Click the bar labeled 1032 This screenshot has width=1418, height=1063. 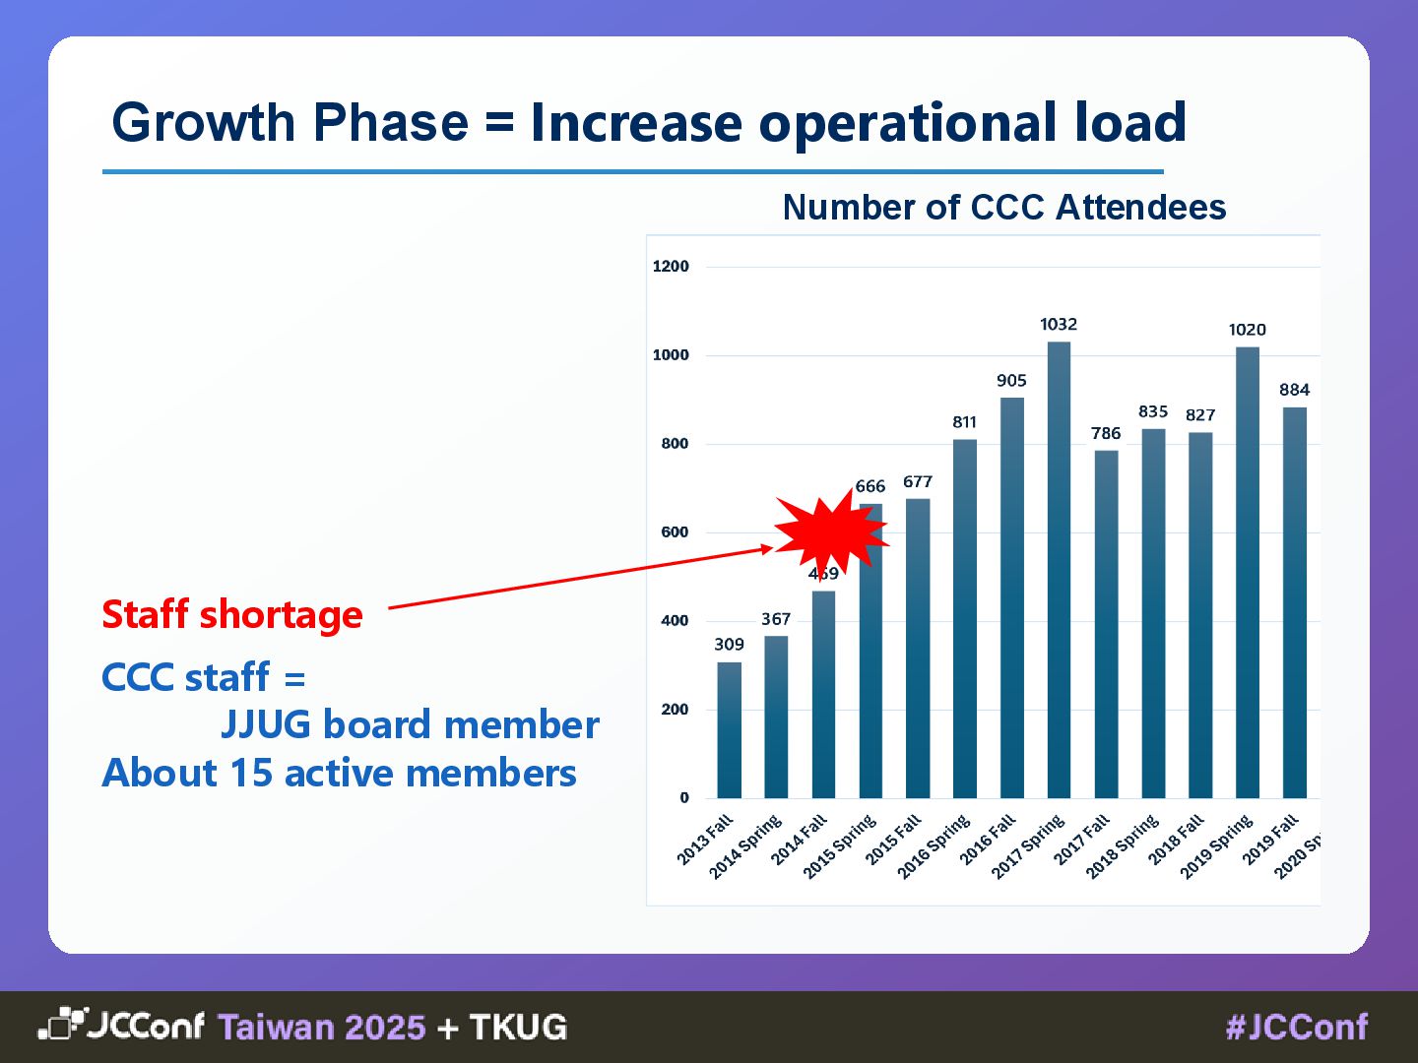[1059, 571]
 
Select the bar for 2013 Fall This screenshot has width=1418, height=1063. [729, 730]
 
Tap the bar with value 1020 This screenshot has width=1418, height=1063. [1247, 573]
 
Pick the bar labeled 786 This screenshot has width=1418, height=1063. [1106, 624]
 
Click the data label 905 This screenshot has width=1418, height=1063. [1011, 381]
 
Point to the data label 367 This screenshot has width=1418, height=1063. [776, 619]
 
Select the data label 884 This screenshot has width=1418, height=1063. [1294, 390]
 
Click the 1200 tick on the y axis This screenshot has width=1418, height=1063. [671, 267]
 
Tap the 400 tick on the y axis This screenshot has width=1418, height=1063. [675, 621]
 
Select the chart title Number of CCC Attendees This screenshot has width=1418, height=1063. [1003, 208]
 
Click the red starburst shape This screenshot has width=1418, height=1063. [829, 531]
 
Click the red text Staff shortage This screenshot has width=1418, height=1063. [232, 614]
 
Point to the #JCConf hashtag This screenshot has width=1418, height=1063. [1297, 1028]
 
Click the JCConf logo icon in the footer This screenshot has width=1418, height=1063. [61, 1025]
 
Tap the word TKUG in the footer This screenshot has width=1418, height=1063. [518, 1028]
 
